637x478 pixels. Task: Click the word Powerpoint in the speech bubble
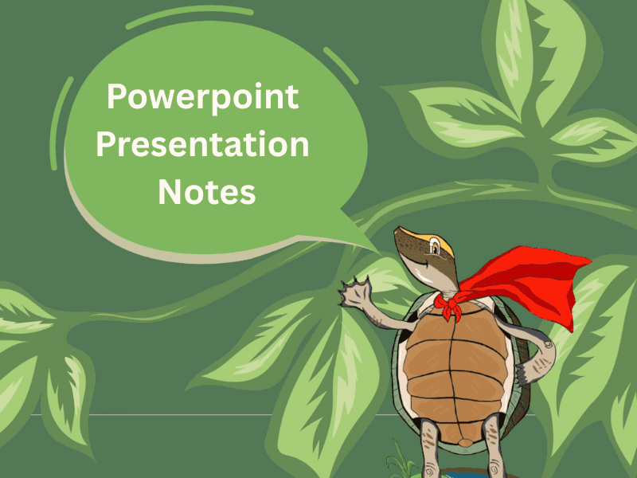click(203, 98)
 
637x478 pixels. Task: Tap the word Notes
click(206, 192)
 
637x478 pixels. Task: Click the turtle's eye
click(434, 249)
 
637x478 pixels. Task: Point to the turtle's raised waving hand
click(351, 294)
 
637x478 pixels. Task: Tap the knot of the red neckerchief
click(450, 304)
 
